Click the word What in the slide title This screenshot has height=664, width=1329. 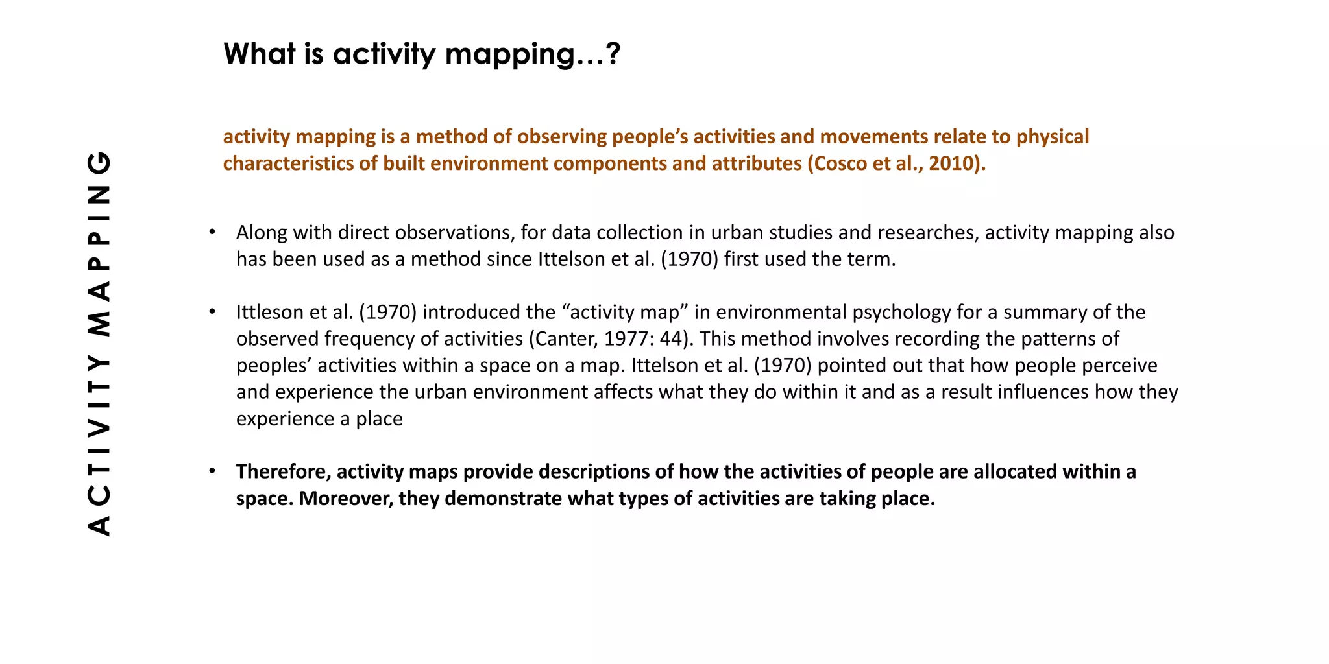257,53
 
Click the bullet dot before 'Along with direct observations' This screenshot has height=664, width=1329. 212,232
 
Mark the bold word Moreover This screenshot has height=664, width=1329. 346,499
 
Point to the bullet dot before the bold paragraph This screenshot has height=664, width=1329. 212,471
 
